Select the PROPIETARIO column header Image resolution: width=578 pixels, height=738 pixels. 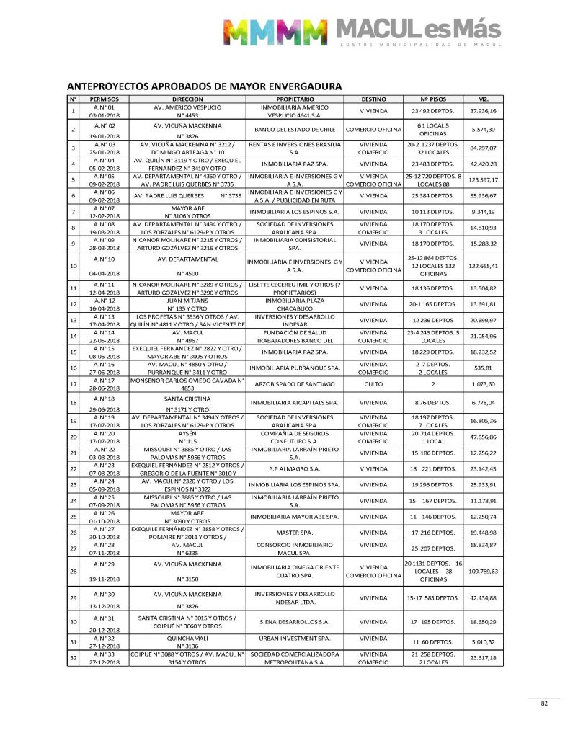click(295, 98)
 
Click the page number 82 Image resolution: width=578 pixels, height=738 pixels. click(545, 705)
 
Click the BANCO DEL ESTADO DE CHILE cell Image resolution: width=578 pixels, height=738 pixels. click(294, 130)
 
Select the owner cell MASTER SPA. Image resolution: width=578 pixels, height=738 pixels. click(294, 533)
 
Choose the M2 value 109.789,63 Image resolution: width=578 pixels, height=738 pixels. click(484, 571)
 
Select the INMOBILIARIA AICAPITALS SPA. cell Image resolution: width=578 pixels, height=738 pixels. click(294, 402)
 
